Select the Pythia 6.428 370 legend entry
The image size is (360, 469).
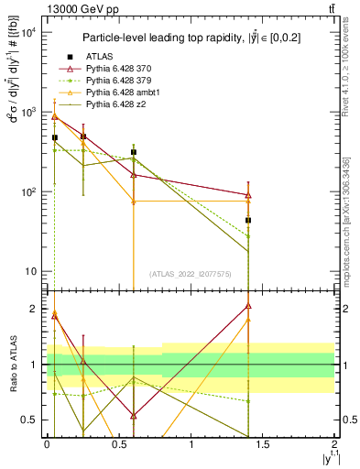pyautogui.click(x=118, y=70)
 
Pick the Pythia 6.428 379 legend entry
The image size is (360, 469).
pyautogui.click(x=118, y=82)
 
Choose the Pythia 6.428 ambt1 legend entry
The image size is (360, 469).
pyautogui.click(x=121, y=93)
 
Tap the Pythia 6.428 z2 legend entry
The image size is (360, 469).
pyautogui.click(x=115, y=105)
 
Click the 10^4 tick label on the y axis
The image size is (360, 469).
pyautogui.click(x=27, y=33)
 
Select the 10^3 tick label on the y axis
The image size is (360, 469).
pyautogui.click(x=27, y=113)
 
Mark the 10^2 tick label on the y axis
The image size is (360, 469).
pyautogui.click(x=27, y=192)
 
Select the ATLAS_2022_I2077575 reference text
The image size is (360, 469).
pyautogui.click(x=191, y=274)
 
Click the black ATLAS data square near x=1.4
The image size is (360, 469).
pyautogui.click(x=247, y=221)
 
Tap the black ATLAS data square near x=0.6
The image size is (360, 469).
pyautogui.click(x=134, y=152)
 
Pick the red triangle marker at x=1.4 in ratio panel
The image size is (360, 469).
pyautogui.click(x=247, y=306)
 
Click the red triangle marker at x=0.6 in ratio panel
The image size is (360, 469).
pyautogui.click(x=134, y=416)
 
